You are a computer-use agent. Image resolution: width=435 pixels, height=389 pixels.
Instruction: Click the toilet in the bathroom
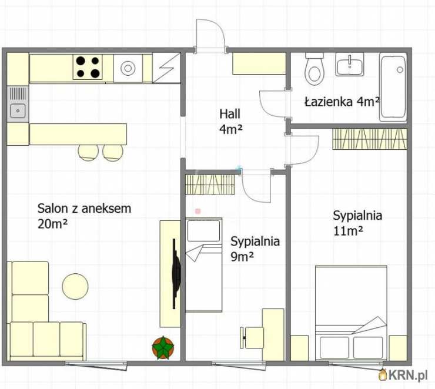[314, 69]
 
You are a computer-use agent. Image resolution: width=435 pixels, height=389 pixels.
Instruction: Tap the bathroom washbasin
[350, 64]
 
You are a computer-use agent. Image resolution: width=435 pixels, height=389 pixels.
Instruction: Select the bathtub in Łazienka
[393, 87]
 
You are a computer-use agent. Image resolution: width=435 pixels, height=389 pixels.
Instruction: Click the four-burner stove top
[88, 67]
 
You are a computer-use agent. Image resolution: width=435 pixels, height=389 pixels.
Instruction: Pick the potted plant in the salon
[163, 348]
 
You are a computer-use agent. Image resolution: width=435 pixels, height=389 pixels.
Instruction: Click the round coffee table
[75, 286]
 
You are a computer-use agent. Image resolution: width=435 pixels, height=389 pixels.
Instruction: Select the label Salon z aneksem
[84, 209]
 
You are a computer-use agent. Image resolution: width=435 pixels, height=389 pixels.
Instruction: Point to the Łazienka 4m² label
[342, 102]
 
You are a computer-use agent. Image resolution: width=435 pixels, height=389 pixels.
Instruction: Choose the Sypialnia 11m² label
[357, 223]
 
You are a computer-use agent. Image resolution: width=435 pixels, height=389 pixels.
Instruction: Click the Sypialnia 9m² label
[255, 249]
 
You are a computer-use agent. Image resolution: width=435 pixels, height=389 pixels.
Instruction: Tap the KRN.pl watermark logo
[403, 375]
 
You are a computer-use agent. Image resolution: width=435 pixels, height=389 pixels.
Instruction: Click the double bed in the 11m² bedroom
[351, 313]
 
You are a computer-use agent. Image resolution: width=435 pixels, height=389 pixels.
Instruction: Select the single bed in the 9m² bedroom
[203, 265]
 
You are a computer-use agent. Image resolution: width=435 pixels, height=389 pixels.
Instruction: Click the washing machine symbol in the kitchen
[128, 68]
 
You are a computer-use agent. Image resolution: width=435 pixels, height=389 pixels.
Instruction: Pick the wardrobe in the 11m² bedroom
[370, 139]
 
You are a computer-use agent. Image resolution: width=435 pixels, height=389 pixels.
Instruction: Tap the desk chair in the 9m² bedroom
[252, 337]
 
